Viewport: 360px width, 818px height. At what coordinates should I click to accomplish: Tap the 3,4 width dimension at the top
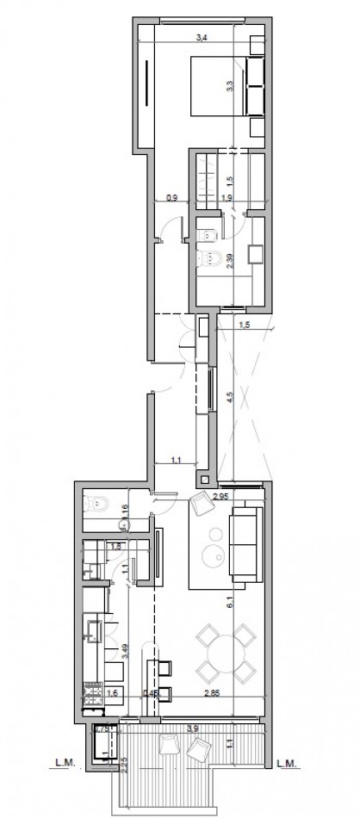(202, 38)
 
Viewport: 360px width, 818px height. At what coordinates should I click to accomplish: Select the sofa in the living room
(245, 542)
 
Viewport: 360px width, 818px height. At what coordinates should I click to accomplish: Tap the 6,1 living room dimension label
(229, 603)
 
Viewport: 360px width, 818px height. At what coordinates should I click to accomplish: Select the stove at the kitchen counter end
(91, 695)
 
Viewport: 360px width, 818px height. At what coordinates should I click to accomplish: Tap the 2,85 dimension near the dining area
(211, 692)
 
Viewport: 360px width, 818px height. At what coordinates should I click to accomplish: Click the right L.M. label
(289, 762)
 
